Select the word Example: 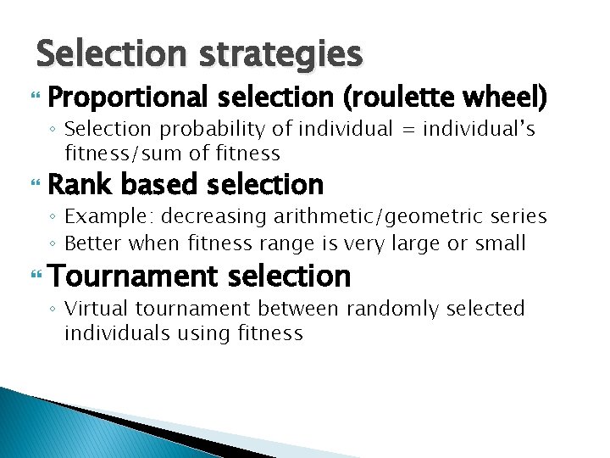tap(103, 218)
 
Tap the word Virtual tap(94, 309)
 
